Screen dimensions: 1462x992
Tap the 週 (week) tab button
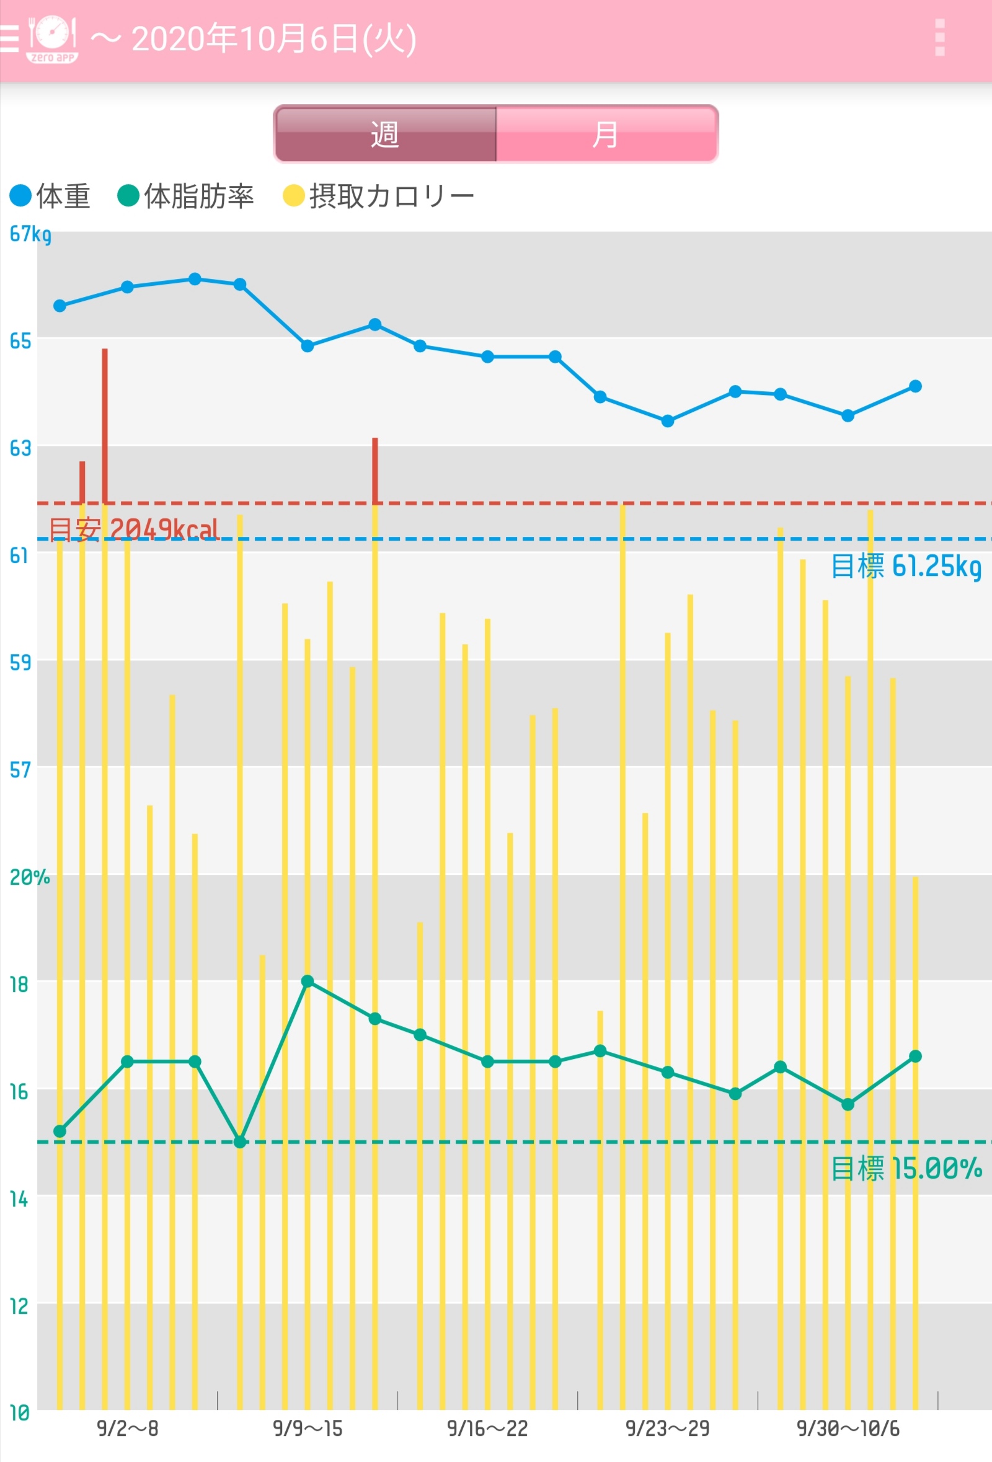385,134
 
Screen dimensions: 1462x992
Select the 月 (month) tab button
606,134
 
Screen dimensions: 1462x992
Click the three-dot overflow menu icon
940,38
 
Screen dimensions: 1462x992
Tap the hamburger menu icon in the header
9,38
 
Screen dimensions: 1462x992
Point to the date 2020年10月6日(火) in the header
273,39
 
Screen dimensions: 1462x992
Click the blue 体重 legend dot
20,196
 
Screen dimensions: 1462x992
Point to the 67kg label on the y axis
30,234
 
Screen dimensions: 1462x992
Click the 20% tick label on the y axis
29,877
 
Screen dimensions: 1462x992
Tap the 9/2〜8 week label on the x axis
128,1429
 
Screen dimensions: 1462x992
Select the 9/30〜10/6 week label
848,1429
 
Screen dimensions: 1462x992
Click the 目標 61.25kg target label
906,566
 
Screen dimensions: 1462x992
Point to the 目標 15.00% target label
906,1169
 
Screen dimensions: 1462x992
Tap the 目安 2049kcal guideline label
133,529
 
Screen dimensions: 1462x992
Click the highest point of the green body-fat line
307,981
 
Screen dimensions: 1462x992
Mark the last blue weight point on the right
915,386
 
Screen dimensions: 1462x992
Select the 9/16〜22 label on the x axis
487,1429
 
